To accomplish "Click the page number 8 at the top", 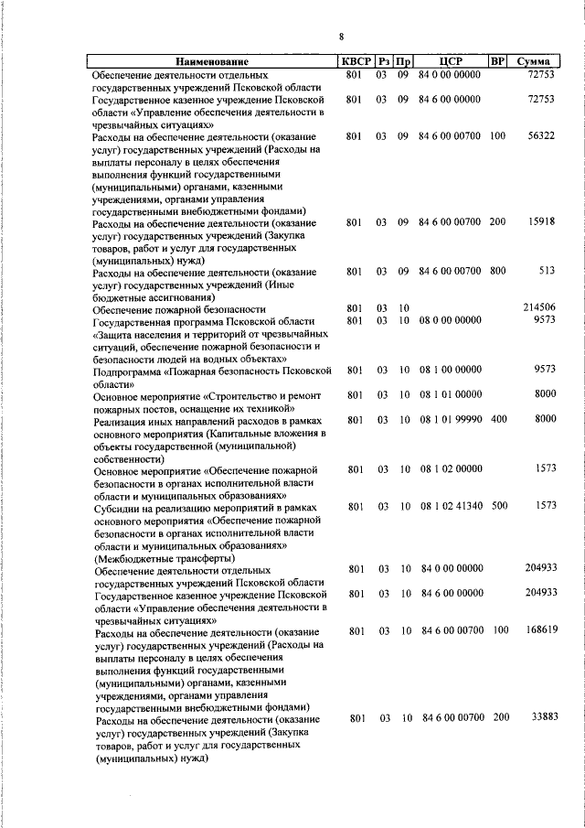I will (340, 38).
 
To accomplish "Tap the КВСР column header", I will (356, 61).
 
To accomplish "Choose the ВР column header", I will (497, 61).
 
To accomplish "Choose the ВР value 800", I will (497, 271).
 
